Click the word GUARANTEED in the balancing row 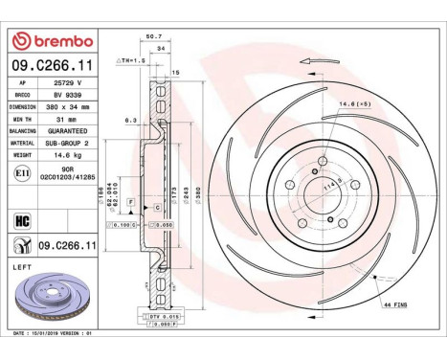point(70,129)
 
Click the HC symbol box point(20,220)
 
